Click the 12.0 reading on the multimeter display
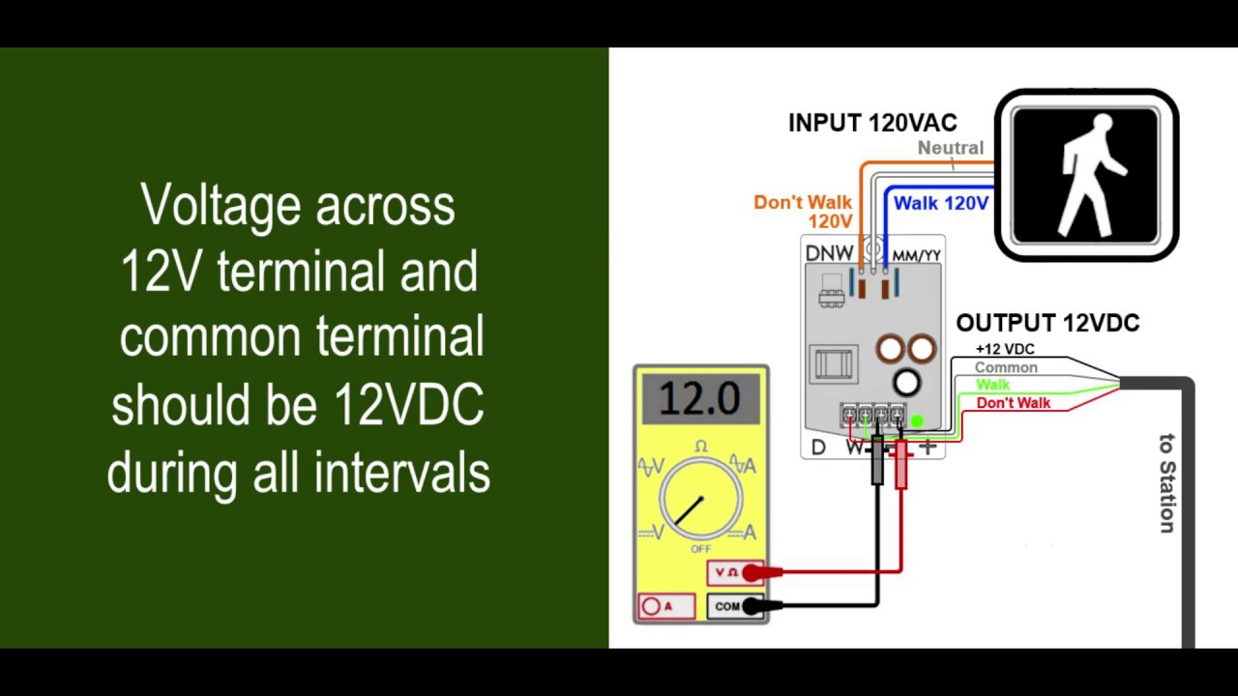[699, 397]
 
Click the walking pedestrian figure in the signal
[1090, 176]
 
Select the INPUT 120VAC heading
[872, 123]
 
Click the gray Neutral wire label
[950, 148]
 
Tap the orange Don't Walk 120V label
[803, 212]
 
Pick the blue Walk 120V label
[940, 203]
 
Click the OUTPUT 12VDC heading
[1047, 323]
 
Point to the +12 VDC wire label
[1005, 349]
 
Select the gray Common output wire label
[1006, 367]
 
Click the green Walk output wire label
[992, 385]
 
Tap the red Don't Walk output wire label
[1013, 403]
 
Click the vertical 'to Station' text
[1167, 483]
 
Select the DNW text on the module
[829, 253]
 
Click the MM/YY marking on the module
[916, 255]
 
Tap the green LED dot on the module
[917, 421]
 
